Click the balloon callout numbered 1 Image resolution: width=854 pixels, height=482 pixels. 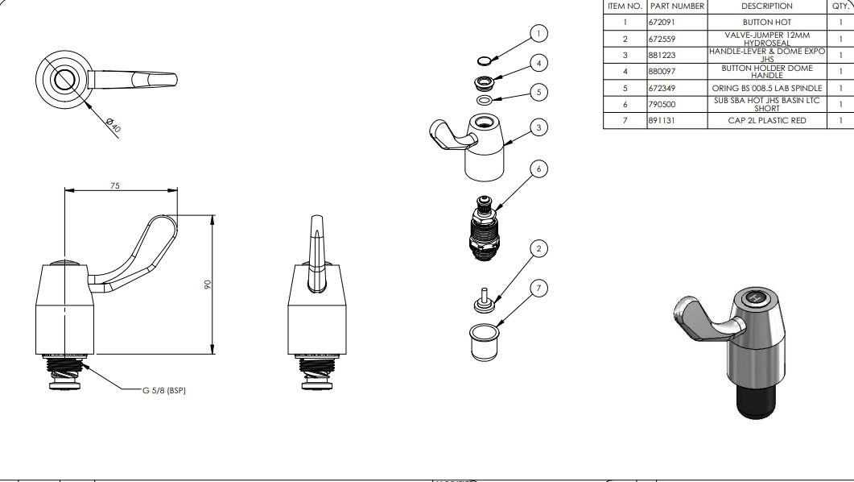click(x=538, y=33)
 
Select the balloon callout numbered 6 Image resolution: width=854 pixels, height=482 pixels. click(x=538, y=169)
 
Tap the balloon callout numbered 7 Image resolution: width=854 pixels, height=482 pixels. click(x=538, y=289)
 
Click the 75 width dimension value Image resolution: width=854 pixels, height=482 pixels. click(x=115, y=186)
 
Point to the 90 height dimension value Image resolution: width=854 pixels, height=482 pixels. click(x=208, y=285)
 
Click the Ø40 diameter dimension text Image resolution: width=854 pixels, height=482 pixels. click(x=113, y=125)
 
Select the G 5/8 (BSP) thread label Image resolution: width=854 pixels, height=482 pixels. click(x=164, y=390)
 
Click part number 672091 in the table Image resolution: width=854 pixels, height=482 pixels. click(x=662, y=23)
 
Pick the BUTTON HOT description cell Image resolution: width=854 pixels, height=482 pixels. click(x=767, y=23)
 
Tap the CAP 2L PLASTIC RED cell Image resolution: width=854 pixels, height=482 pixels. click(x=767, y=121)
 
